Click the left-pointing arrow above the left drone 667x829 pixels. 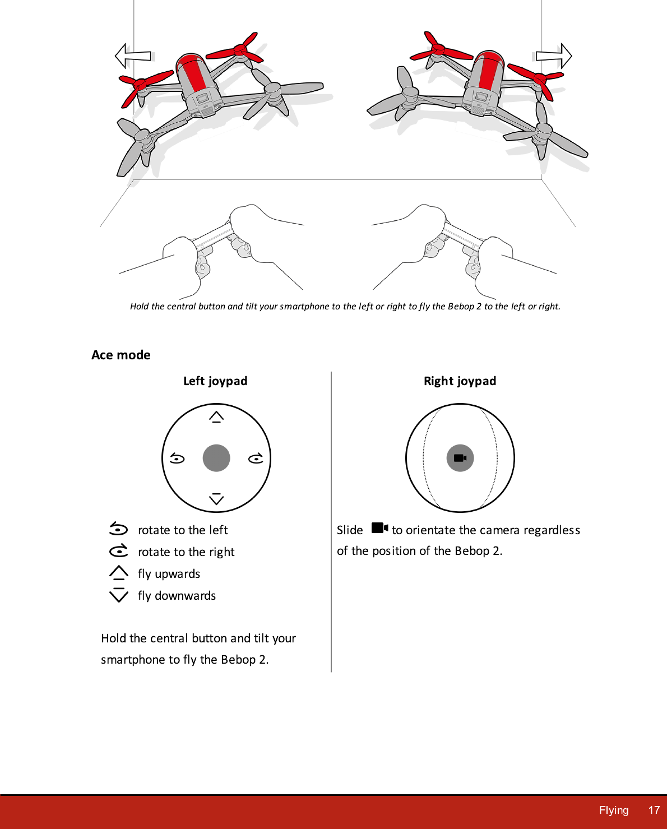tap(133, 56)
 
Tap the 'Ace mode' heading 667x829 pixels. tap(121, 355)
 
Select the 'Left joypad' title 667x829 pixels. tap(215, 381)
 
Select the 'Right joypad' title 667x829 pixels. tap(460, 381)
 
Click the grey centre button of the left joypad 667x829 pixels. tap(216, 458)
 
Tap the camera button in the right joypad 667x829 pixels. tap(460, 458)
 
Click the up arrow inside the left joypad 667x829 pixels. tap(216, 417)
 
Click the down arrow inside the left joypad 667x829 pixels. tap(216, 499)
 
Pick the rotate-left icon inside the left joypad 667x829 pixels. tap(177, 459)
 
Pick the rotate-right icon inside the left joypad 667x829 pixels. tap(256, 459)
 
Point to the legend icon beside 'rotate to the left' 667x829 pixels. tap(118, 529)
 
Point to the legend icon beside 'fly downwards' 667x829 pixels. tap(119, 595)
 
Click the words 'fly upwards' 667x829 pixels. tap(169, 574)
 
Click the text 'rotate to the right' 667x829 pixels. tap(186, 552)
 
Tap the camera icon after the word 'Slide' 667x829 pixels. tap(379, 528)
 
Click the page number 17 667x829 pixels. tap(654, 811)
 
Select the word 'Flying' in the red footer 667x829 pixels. tap(614, 811)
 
